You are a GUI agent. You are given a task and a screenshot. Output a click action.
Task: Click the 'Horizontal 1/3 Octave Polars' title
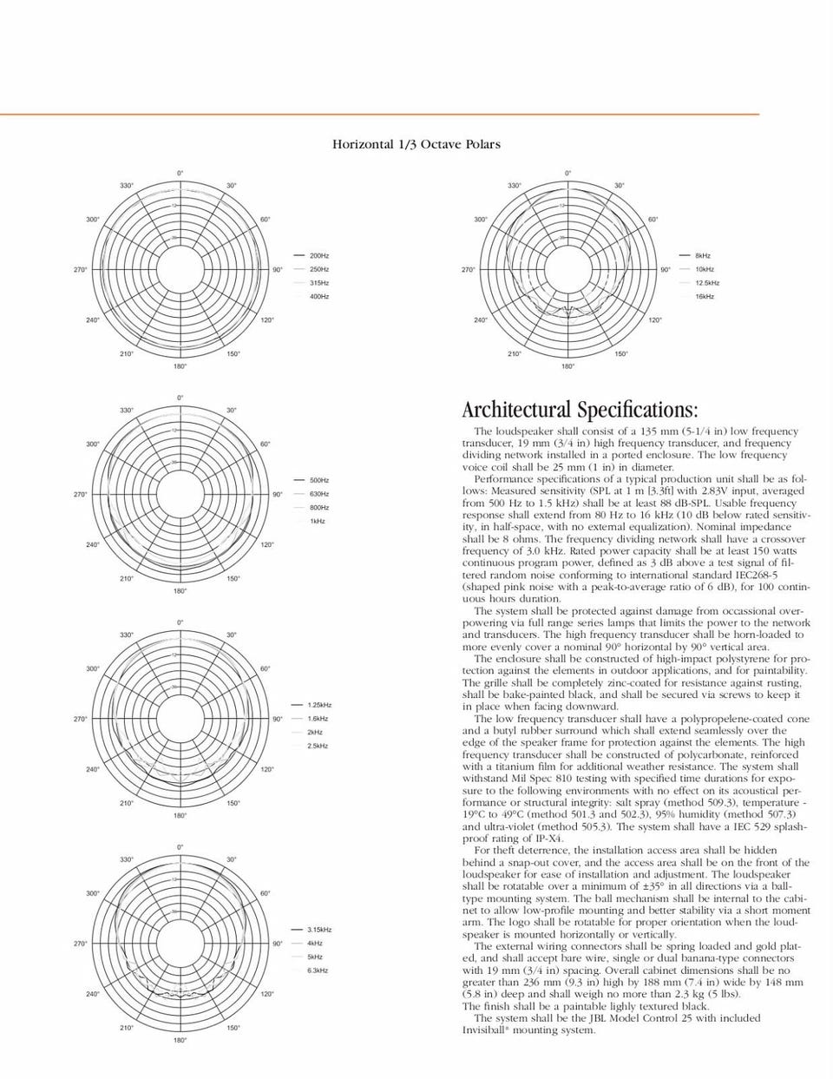point(416,144)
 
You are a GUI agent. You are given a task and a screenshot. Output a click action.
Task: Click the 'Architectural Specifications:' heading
point(580,410)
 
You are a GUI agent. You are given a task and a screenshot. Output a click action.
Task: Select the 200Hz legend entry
point(318,256)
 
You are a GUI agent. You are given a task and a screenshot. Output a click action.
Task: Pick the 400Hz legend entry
point(318,297)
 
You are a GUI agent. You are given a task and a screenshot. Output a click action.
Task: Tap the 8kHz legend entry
point(702,256)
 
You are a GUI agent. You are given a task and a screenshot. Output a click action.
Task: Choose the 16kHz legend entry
point(705,297)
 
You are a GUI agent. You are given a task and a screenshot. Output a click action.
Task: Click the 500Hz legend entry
point(318,480)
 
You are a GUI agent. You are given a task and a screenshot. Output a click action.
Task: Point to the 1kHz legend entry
point(317,521)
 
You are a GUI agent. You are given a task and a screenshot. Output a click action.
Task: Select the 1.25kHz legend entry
point(319,705)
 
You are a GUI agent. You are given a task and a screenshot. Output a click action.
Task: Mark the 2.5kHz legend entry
point(317,746)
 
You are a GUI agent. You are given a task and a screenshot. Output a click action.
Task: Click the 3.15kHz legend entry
point(319,930)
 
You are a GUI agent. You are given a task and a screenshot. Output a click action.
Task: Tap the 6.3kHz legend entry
point(317,970)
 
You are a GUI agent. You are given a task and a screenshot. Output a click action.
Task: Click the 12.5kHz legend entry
point(706,283)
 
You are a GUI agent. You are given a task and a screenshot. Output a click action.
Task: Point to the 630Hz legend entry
point(318,494)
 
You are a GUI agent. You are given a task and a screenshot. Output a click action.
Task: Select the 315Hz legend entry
point(318,283)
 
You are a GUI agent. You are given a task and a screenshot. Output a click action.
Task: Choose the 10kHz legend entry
point(704,269)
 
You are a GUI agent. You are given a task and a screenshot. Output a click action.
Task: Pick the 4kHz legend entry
point(315,944)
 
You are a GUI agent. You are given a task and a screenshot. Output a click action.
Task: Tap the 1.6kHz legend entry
point(317,719)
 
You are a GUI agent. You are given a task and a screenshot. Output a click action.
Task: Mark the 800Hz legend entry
point(318,507)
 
